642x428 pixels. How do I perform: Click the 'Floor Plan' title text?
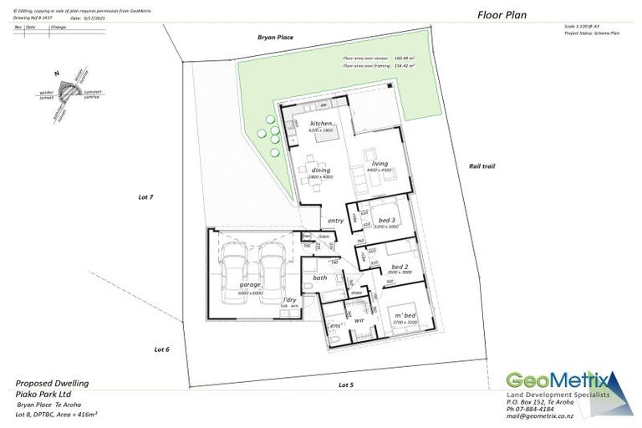(502, 14)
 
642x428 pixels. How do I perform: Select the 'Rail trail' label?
(482, 166)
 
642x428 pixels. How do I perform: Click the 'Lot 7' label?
(146, 197)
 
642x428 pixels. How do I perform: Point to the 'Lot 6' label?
(161, 349)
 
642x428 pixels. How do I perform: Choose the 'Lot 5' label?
(346, 385)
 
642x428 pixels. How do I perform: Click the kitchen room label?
(322, 124)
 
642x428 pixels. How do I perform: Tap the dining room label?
(320, 171)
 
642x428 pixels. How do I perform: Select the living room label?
(380, 163)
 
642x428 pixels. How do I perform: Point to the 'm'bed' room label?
(405, 315)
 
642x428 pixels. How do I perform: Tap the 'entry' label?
(336, 221)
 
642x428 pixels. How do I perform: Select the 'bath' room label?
(320, 278)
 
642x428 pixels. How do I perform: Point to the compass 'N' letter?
(56, 74)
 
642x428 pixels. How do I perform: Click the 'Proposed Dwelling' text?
(52, 383)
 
